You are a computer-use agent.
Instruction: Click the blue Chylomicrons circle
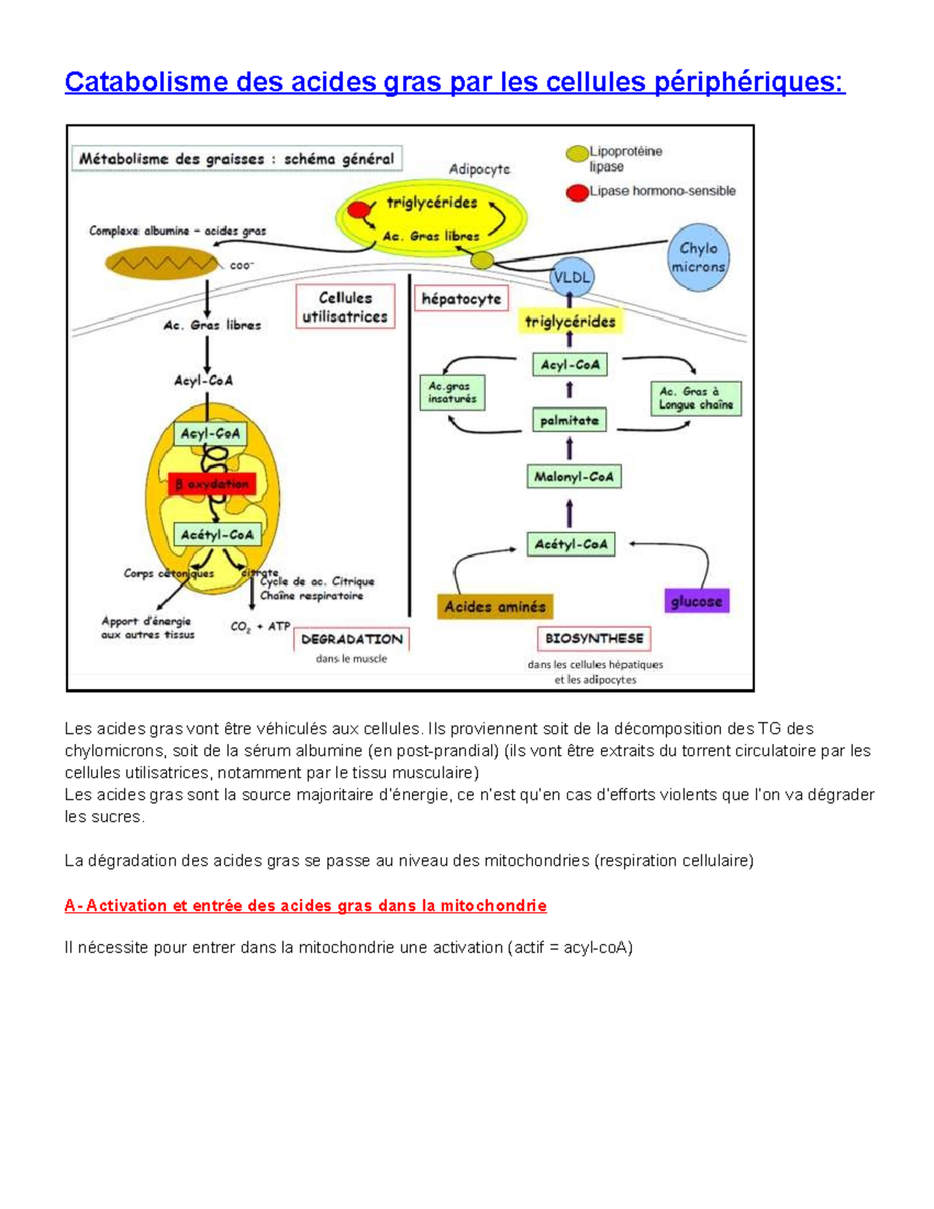click(698, 258)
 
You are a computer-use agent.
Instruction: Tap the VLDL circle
click(572, 277)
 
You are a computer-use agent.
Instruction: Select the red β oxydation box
click(212, 483)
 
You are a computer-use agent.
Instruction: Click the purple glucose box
click(697, 601)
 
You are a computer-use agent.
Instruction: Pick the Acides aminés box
click(495, 606)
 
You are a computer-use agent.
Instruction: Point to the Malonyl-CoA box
click(574, 476)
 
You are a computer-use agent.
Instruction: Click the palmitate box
click(569, 420)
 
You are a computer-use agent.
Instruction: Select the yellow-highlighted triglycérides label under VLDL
click(570, 322)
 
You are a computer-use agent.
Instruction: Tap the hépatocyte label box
click(461, 299)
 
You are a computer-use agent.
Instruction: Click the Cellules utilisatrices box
click(345, 308)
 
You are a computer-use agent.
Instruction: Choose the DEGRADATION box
click(352, 639)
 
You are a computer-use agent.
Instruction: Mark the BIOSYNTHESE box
click(594, 638)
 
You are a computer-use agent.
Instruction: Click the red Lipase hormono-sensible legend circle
click(577, 192)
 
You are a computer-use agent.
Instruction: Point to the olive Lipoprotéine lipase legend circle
click(577, 153)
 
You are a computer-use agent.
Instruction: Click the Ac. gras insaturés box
click(452, 392)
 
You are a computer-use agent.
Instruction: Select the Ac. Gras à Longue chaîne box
click(696, 399)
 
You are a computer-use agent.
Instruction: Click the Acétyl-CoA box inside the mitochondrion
click(217, 535)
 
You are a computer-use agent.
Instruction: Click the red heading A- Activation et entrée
click(305, 905)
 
